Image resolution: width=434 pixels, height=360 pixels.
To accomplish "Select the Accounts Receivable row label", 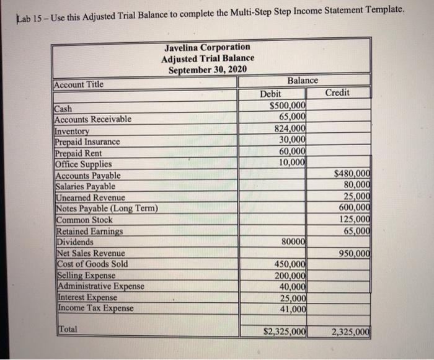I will click(x=92, y=119).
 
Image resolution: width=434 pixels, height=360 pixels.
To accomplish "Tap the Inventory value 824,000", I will click(x=290, y=130).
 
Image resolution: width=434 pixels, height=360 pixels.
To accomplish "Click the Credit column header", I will click(x=337, y=92).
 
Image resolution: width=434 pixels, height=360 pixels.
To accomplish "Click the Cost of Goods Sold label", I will click(x=92, y=264).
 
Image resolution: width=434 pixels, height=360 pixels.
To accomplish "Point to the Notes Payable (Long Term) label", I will click(x=107, y=208).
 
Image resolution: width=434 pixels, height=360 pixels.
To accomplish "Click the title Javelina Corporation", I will click(x=208, y=47).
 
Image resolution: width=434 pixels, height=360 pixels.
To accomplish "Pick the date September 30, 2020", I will click(x=208, y=69).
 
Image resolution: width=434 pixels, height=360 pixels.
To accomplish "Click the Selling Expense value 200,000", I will click(x=290, y=275).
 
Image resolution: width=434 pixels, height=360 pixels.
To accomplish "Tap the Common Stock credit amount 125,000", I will click(x=354, y=219).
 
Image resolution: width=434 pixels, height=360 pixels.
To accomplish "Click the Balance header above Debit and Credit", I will click(x=303, y=81).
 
